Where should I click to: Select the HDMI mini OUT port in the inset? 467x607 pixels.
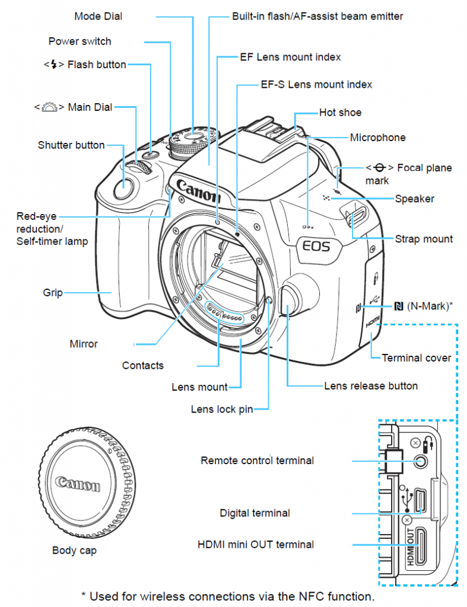pos(421,545)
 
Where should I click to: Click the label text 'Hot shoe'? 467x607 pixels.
pos(340,113)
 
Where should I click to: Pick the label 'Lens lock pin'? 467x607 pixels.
pos(221,409)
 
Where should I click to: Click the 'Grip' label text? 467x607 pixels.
pos(53,293)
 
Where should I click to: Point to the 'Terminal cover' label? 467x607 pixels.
pos(416,358)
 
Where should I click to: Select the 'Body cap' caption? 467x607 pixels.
pos(74,551)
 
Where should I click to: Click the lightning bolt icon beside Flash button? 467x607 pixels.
pos(55,65)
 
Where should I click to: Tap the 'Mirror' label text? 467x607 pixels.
pos(84,344)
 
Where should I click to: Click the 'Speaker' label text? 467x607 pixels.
pos(414,199)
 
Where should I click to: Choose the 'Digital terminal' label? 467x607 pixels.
pos(255,513)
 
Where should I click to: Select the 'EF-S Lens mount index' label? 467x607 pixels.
pos(316,85)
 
